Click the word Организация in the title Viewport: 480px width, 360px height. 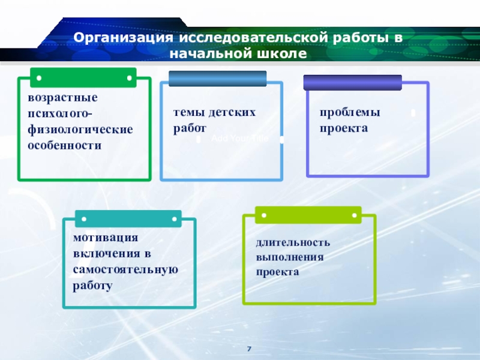120,38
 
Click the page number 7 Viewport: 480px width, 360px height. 249,349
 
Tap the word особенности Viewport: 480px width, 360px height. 64,145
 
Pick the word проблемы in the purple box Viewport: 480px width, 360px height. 350,112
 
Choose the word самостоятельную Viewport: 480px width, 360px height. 125,269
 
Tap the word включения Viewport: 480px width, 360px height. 106,253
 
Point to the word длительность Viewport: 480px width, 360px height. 293,242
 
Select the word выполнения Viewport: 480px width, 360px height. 290,257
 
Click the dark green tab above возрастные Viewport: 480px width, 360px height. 84,77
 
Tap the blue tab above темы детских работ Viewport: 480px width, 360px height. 217,79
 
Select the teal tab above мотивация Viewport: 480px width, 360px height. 127,218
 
